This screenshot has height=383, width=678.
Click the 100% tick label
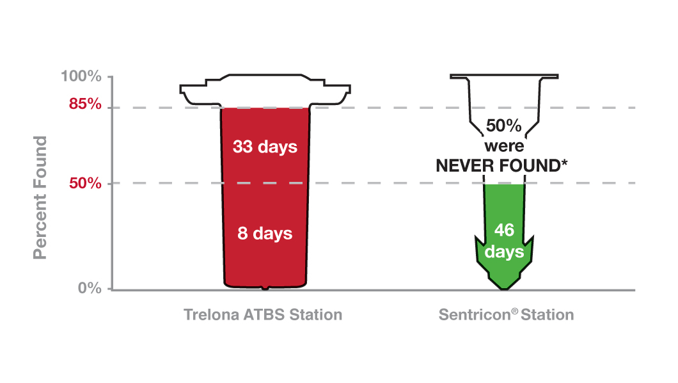(81, 77)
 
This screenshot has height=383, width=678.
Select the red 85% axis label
(85, 103)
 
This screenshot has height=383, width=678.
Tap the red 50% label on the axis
(85, 184)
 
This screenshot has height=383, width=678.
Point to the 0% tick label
(90, 288)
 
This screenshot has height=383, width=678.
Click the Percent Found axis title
(40, 198)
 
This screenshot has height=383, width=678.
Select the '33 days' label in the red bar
(265, 147)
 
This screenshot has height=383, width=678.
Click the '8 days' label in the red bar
(265, 233)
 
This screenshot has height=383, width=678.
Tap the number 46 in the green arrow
(504, 231)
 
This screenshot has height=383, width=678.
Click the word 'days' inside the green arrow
(504, 252)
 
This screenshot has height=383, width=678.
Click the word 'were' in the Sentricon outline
(504, 145)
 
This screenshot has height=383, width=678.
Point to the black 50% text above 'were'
(504, 126)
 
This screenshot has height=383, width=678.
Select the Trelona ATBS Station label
(263, 315)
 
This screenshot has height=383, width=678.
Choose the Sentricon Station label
(506, 315)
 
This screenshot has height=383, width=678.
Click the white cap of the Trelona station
(265, 90)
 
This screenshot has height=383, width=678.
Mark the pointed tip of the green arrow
(504, 288)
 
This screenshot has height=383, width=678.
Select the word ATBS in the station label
(256, 315)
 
